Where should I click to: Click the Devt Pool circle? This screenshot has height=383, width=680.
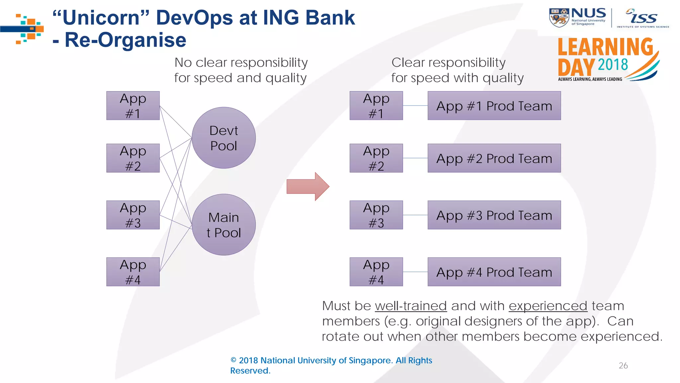223,138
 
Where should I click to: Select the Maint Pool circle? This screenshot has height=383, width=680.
223,225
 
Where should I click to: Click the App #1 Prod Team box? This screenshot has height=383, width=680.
494,106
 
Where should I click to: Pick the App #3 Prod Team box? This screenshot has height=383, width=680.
494,215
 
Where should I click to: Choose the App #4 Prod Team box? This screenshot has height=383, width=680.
494,272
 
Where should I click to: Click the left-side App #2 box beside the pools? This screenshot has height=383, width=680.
133,158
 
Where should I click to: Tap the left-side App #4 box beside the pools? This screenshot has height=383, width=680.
133,272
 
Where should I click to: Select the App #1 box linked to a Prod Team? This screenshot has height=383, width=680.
376,106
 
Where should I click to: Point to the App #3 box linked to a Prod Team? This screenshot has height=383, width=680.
376,215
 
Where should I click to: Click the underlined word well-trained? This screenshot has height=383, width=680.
411,306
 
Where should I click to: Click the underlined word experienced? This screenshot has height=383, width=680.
548,306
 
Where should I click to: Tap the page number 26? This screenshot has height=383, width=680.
623,365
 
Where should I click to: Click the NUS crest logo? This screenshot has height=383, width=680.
559,17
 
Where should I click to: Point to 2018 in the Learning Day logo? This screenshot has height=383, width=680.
613,64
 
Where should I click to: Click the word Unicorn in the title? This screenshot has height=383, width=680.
101,17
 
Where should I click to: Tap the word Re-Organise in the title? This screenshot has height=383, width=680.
125,40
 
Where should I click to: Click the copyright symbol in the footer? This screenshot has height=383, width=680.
233,360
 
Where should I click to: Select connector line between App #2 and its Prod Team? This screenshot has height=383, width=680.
415,158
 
